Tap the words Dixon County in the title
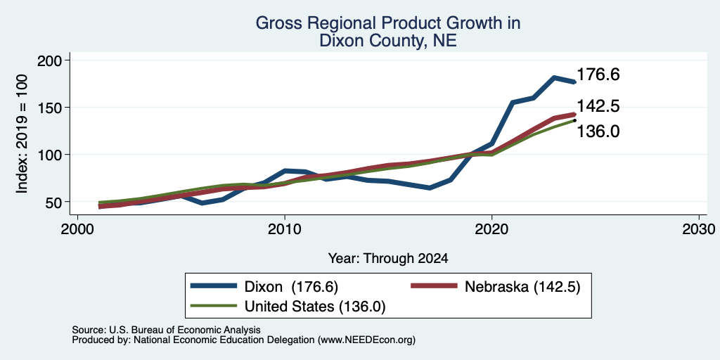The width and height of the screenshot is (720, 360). (x=371, y=41)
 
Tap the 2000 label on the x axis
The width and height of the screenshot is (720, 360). (x=77, y=229)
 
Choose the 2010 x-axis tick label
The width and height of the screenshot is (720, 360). (x=285, y=229)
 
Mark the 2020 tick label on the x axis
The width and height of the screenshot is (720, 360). (x=491, y=229)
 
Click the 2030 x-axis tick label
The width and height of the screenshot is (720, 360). (x=699, y=229)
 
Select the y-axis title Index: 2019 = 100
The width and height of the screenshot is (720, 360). (x=22, y=134)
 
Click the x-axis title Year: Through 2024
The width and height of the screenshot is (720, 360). (x=388, y=259)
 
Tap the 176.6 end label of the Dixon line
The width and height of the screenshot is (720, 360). (x=598, y=75)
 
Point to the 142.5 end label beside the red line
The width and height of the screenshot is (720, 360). (x=598, y=107)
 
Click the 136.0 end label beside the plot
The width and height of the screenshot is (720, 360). (x=598, y=131)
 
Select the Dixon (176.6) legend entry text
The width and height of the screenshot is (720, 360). (x=291, y=287)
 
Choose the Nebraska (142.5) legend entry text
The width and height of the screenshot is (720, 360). (x=522, y=287)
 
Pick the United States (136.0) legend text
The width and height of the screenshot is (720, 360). (x=314, y=307)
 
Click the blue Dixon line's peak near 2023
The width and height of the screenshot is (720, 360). (x=554, y=77)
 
